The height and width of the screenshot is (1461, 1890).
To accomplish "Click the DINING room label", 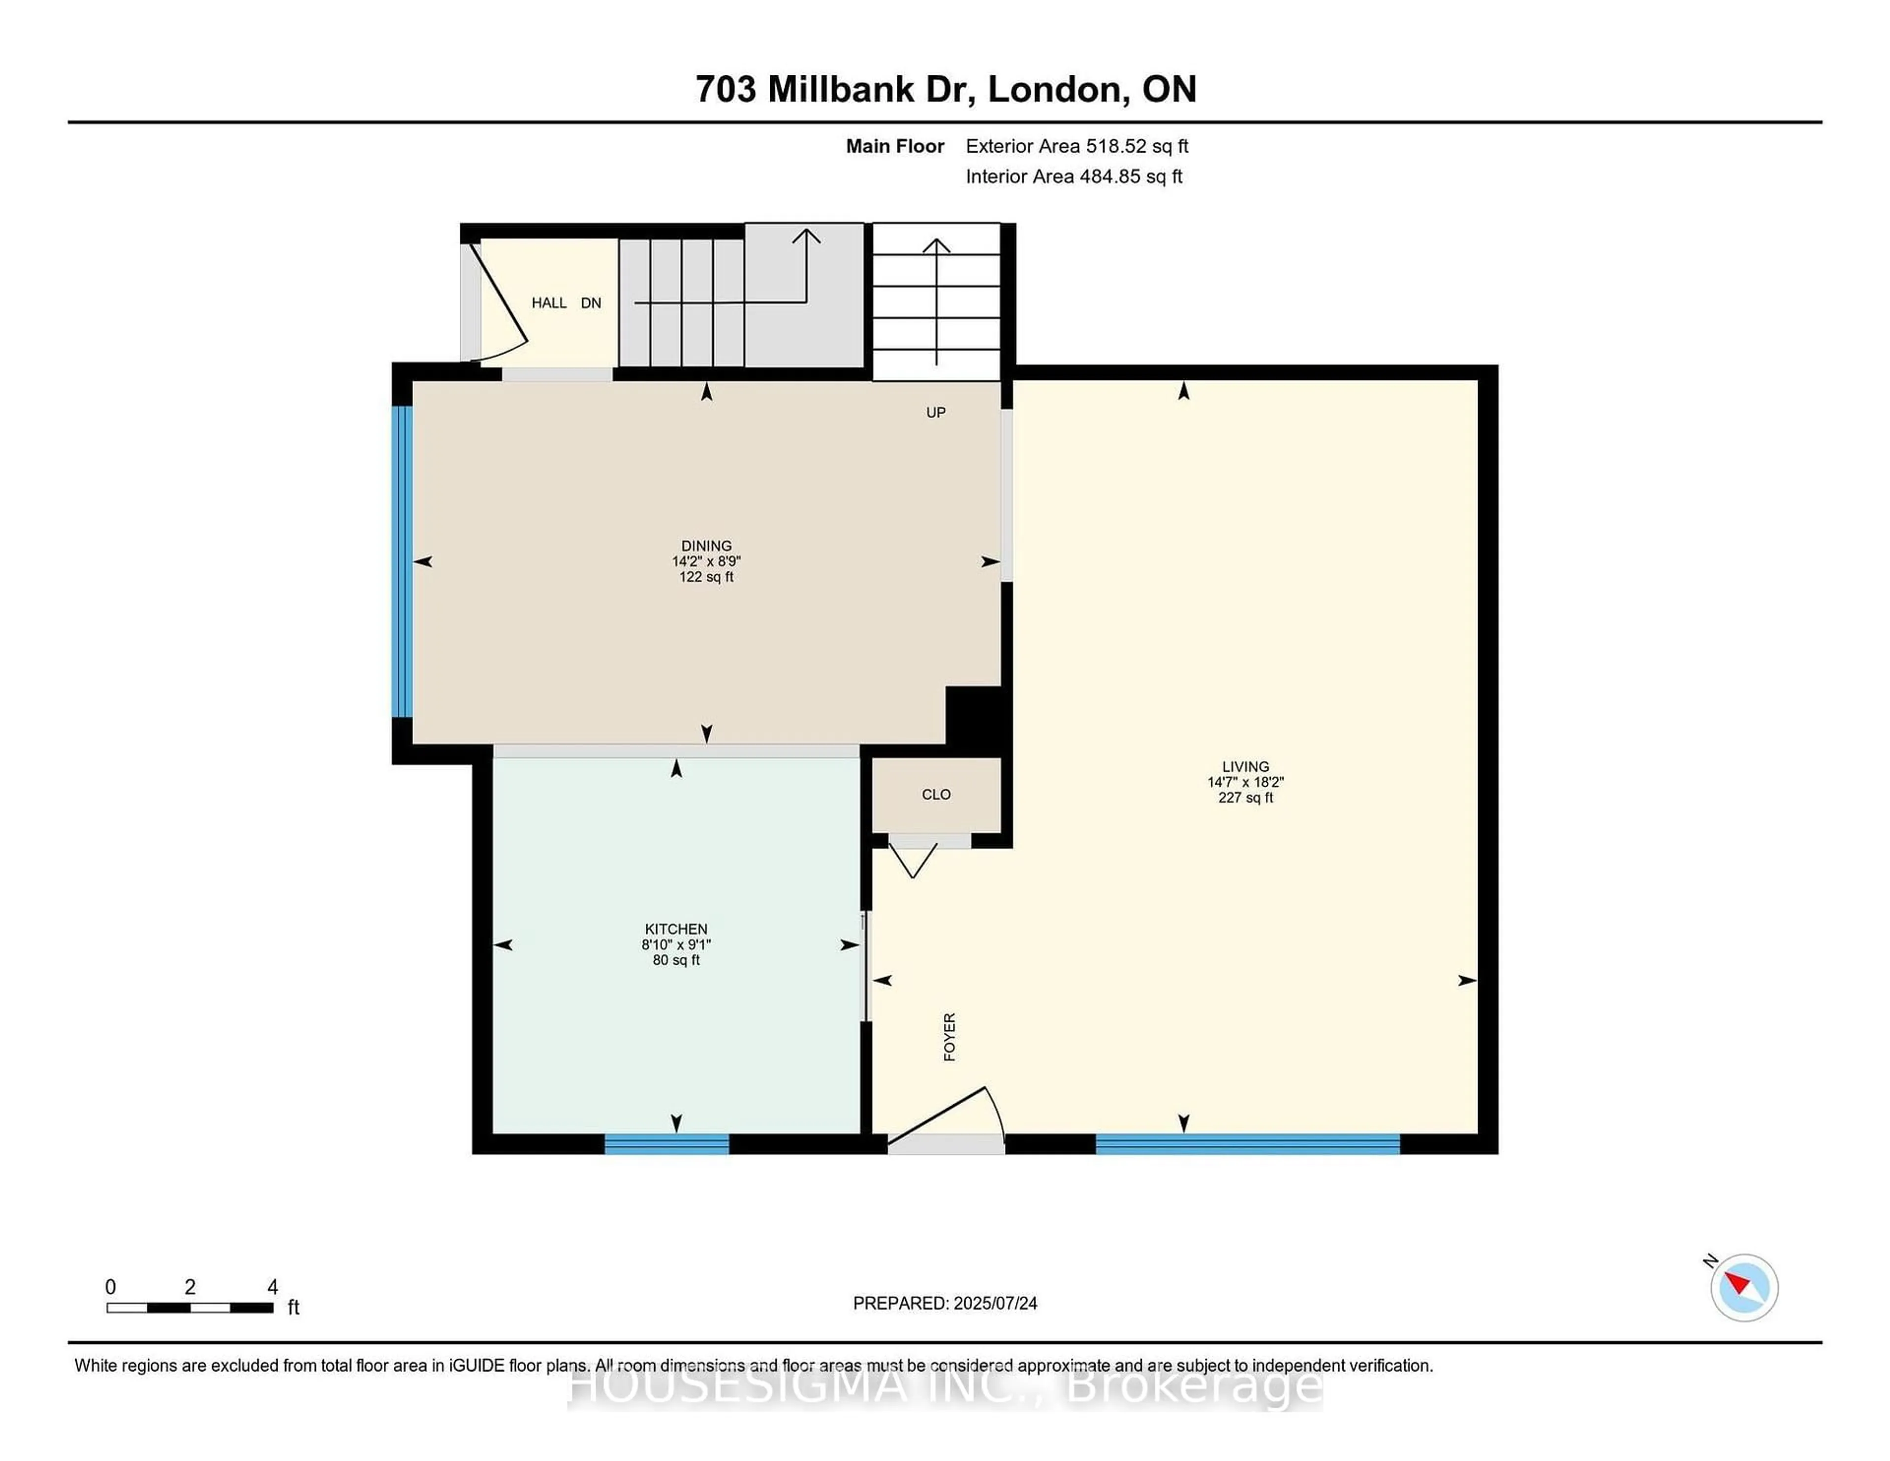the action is (706, 545).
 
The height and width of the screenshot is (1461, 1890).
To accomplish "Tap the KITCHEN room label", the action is (676, 929).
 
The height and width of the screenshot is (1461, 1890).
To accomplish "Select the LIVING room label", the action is (1245, 766).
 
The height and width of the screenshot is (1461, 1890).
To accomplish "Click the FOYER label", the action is (949, 1037).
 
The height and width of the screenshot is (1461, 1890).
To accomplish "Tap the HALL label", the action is (549, 303).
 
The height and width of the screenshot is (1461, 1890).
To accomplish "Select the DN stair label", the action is (591, 303).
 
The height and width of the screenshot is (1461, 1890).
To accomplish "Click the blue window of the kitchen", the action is (666, 1144).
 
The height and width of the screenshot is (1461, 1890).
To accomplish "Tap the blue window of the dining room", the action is (403, 562).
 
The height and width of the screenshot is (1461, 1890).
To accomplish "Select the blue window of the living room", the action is (1248, 1144).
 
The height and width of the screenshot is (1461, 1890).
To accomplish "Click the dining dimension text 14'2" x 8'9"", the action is (706, 561).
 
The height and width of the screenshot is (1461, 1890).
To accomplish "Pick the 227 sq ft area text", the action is (1245, 797).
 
